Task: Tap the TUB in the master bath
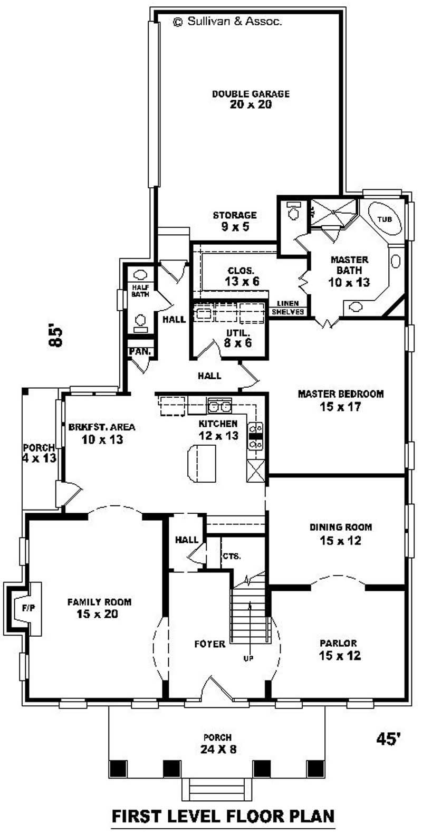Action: pos(385,218)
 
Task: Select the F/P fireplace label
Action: pos(28,608)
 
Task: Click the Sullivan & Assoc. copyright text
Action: pos(227,22)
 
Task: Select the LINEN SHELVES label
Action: pos(288,308)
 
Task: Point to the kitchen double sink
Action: pos(219,406)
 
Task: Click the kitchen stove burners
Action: pos(256,436)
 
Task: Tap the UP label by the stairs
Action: pos(248,658)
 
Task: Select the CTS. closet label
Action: pos(232,556)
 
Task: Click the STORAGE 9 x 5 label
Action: pos(235,221)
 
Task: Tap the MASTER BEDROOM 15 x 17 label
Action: pos(340,400)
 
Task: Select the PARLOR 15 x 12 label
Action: pos(338,649)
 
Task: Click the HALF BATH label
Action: pos(140,291)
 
